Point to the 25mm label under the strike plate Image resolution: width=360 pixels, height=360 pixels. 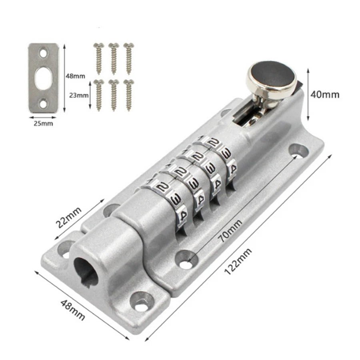click(x=43, y=124)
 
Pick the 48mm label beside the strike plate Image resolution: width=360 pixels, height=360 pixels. click(x=75, y=75)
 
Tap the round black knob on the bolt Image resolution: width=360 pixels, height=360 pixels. click(x=271, y=77)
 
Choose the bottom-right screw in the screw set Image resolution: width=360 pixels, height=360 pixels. click(x=128, y=94)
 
